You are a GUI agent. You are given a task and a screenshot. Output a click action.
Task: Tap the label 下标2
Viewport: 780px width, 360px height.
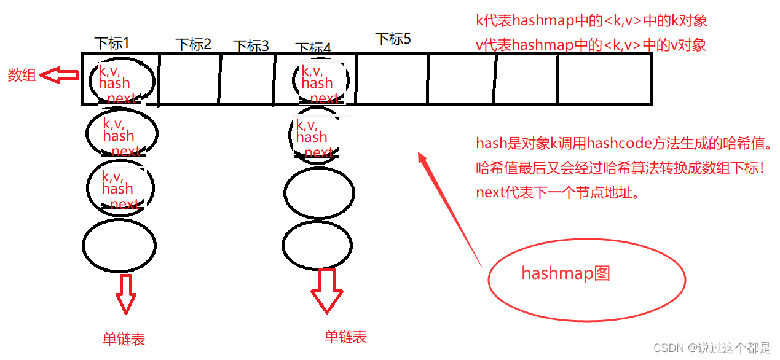[193, 44]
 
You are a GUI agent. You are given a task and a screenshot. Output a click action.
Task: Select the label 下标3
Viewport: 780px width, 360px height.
[251, 46]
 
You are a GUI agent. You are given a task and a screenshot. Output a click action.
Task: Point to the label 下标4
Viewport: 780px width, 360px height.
[313, 48]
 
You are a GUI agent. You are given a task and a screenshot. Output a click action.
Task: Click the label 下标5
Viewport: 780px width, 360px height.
[393, 39]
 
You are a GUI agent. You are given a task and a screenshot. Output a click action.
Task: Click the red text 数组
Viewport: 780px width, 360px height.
[22, 75]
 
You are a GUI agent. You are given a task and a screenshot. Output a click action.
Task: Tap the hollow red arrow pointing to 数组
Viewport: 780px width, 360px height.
[59, 76]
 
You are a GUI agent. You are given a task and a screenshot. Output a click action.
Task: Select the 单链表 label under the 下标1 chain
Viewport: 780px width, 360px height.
[124, 338]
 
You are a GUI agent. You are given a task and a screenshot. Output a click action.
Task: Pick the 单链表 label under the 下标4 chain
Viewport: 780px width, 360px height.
[345, 337]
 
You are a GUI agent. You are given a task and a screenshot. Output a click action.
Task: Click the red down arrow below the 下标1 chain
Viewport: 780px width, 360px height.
[126, 294]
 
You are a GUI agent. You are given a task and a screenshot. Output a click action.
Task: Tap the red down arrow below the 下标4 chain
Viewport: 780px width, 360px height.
[327, 290]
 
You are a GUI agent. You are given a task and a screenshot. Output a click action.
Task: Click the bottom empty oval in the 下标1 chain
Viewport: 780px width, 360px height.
[119, 245]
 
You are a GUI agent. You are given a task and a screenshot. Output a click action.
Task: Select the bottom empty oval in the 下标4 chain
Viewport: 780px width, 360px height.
[318, 245]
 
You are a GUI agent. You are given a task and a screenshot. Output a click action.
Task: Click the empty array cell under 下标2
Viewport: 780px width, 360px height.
[189, 79]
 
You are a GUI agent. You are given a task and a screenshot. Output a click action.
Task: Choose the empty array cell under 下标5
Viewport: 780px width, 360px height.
[392, 79]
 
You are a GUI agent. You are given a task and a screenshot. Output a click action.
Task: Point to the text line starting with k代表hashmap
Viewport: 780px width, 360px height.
[591, 21]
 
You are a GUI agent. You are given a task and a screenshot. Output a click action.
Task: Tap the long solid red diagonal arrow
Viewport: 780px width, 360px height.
[449, 209]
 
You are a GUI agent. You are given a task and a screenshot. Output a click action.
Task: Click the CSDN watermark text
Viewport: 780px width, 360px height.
[711, 348]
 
